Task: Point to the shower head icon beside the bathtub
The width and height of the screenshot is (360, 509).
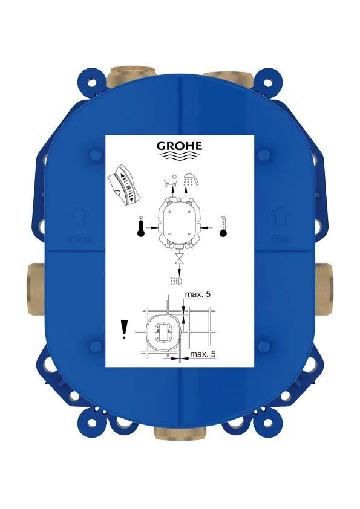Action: point(192,178)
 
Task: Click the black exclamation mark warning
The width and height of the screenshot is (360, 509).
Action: point(125,329)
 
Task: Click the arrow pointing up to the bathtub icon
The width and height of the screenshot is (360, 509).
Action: point(172,190)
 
